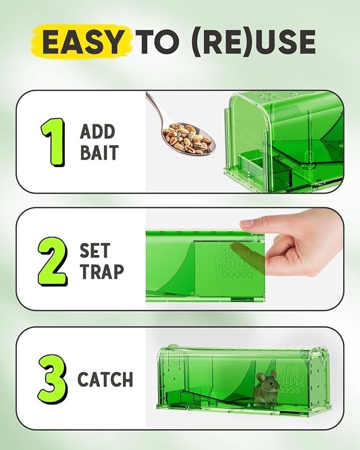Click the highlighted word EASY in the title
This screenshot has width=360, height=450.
click(85, 42)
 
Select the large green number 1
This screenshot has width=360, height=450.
click(52, 142)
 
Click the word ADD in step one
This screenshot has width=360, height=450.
click(98, 131)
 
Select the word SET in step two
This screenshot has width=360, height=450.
click(95, 250)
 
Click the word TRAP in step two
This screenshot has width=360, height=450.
click(101, 271)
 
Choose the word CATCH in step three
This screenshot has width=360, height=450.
click(105, 380)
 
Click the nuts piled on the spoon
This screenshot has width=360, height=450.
click(186, 139)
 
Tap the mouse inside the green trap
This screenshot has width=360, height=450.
click(267, 390)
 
